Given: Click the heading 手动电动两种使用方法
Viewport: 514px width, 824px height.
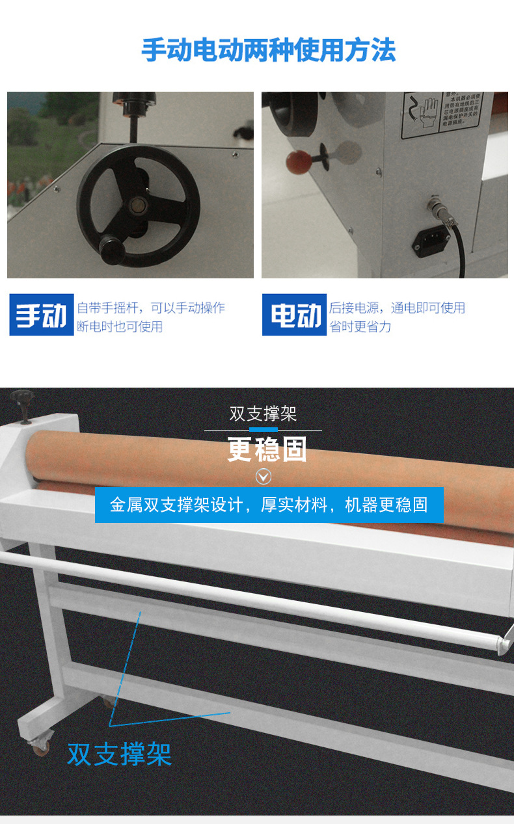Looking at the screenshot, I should [x=268, y=51].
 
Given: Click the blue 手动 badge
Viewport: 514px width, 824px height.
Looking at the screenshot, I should [x=41, y=315].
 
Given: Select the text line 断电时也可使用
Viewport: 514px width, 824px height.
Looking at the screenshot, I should [x=120, y=326].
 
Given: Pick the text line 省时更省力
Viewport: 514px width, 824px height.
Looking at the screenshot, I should [x=360, y=326].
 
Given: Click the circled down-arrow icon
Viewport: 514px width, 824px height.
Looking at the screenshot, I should [x=263, y=477].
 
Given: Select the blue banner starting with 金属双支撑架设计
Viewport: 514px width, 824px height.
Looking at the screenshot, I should [x=269, y=505].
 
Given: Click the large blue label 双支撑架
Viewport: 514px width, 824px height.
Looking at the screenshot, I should [x=120, y=754].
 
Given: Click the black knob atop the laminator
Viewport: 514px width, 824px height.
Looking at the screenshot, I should [x=21, y=397].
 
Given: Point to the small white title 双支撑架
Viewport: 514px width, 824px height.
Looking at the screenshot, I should [x=263, y=414].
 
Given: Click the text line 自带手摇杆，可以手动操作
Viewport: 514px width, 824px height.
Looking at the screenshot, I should [x=151, y=308].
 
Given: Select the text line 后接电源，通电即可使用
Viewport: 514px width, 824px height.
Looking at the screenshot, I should [x=397, y=308].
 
